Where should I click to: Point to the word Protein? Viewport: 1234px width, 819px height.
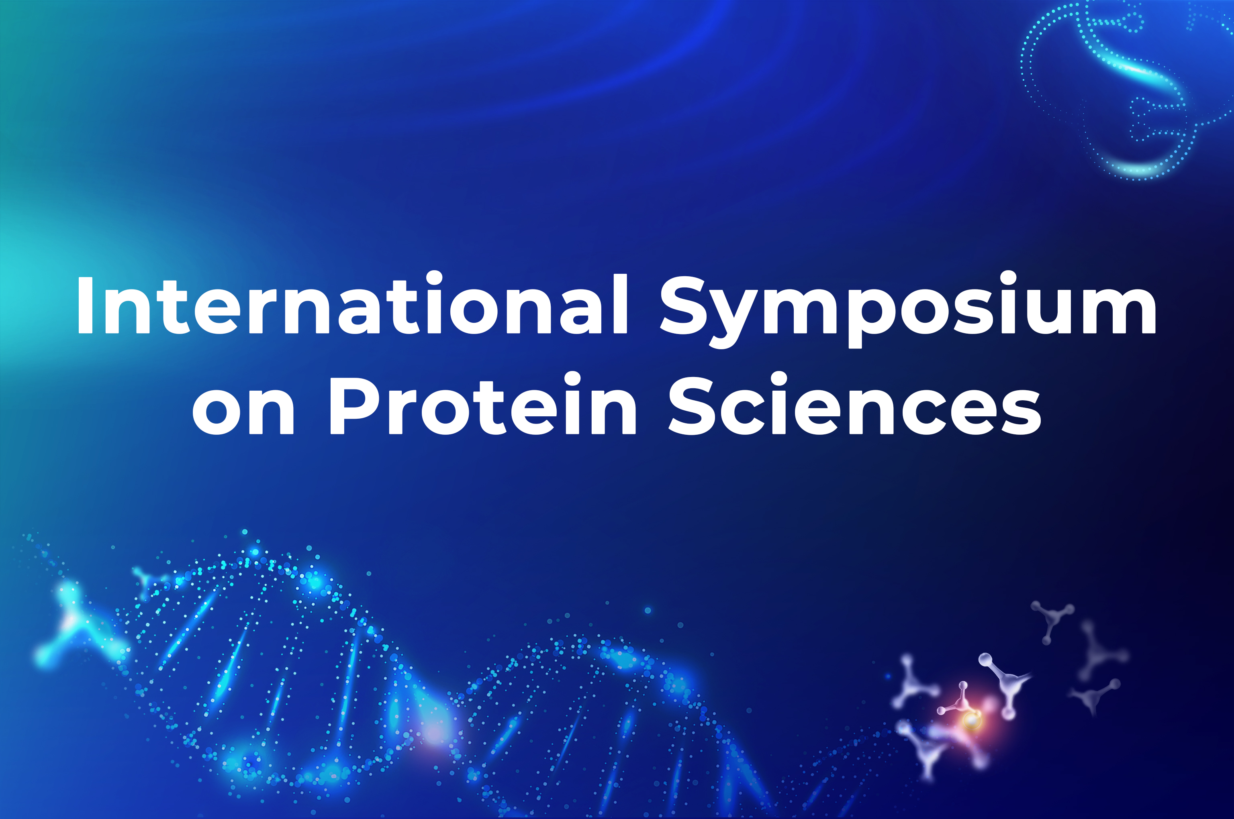482,403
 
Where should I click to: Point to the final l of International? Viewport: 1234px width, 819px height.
620,304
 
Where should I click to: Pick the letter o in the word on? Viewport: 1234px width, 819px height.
217,412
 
